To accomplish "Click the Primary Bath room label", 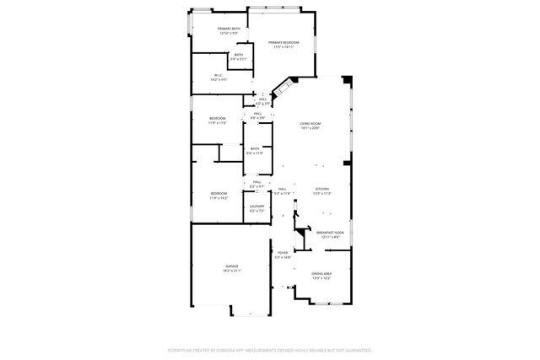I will click(229, 30).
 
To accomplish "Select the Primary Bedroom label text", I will click(284, 43).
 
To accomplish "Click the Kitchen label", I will click(321, 189).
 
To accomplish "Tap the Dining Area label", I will click(321, 274).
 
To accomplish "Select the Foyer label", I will click(283, 253).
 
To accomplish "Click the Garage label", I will click(231, 267).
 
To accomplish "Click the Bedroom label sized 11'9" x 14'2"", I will click(219, 194).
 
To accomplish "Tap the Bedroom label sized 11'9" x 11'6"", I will click(218, 119).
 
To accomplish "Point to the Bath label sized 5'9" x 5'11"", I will click(239, 55).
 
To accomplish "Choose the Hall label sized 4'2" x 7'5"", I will click(262, 100).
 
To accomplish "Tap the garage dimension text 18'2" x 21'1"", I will click(231, 271).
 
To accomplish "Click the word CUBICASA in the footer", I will click(244, 350).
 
